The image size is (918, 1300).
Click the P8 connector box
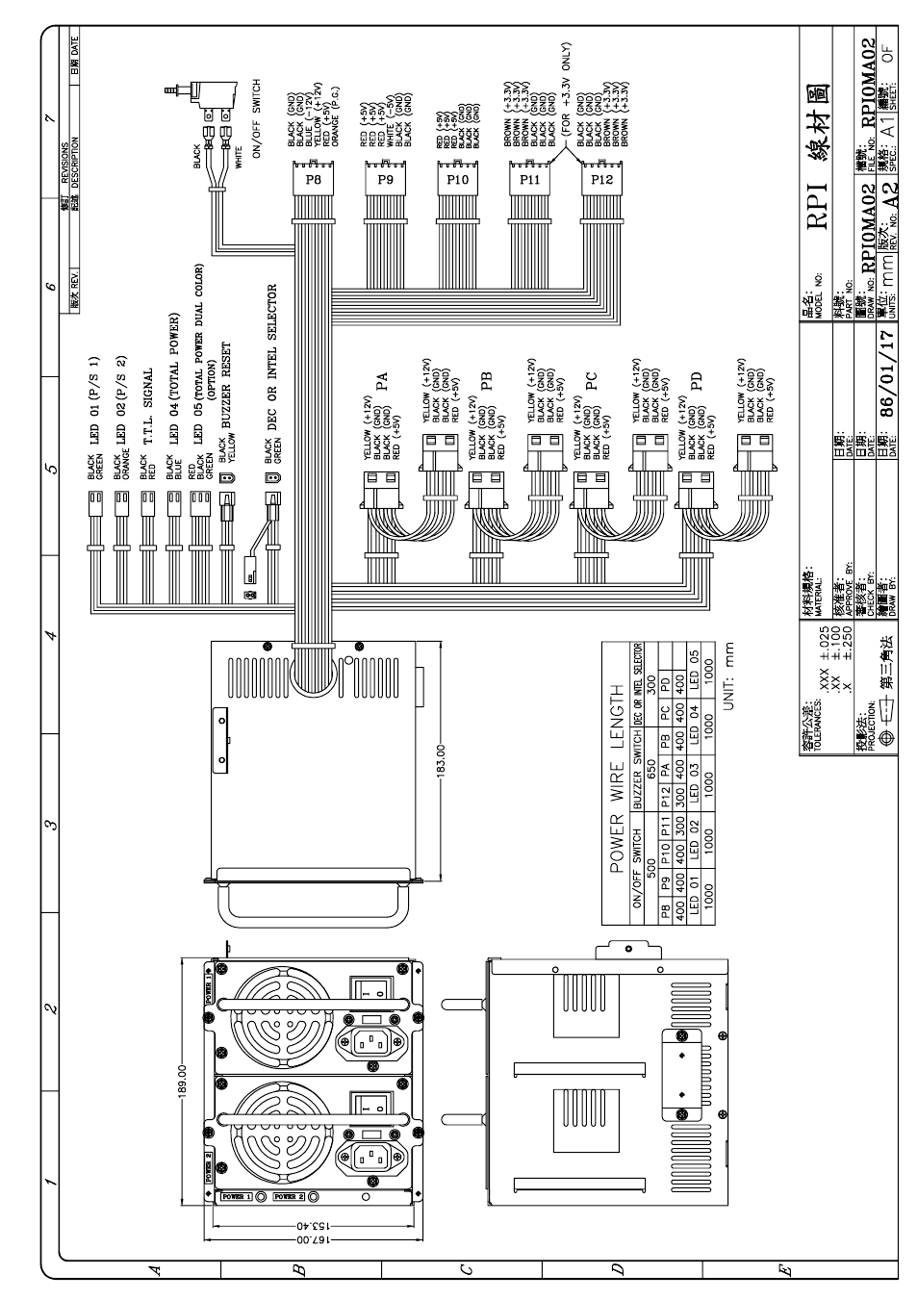point(312,178)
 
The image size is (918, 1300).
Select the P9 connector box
point(385,178)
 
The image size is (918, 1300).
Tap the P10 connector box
point(457,178)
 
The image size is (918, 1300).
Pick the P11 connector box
point(529,178)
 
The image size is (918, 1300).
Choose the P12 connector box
point(601,178)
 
